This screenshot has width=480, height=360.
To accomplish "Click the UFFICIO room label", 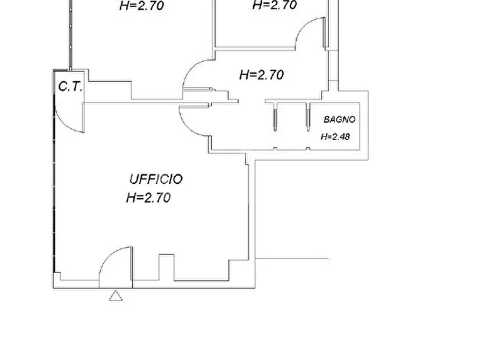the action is (x=156, y=179).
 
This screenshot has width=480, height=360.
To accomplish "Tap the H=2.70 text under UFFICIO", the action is (x=148, y=198).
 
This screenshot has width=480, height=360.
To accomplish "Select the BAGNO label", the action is (x=340, y=119).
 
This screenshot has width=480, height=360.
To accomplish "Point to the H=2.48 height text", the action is (x=335, y=136).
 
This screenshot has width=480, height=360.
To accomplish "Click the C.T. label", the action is (x=70, y=87).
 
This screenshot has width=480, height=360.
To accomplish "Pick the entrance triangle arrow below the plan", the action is (x=116, y=296).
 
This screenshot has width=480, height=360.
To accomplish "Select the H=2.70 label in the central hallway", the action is (x=261, y=75).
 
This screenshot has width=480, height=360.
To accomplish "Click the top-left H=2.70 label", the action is (x=142, y=5).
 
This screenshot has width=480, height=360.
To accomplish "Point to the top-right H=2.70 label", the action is (x=275, y=5).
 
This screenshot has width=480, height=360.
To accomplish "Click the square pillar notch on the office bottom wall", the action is (x=167, y=267).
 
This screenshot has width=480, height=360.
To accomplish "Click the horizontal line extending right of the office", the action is (x=292, y=258).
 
